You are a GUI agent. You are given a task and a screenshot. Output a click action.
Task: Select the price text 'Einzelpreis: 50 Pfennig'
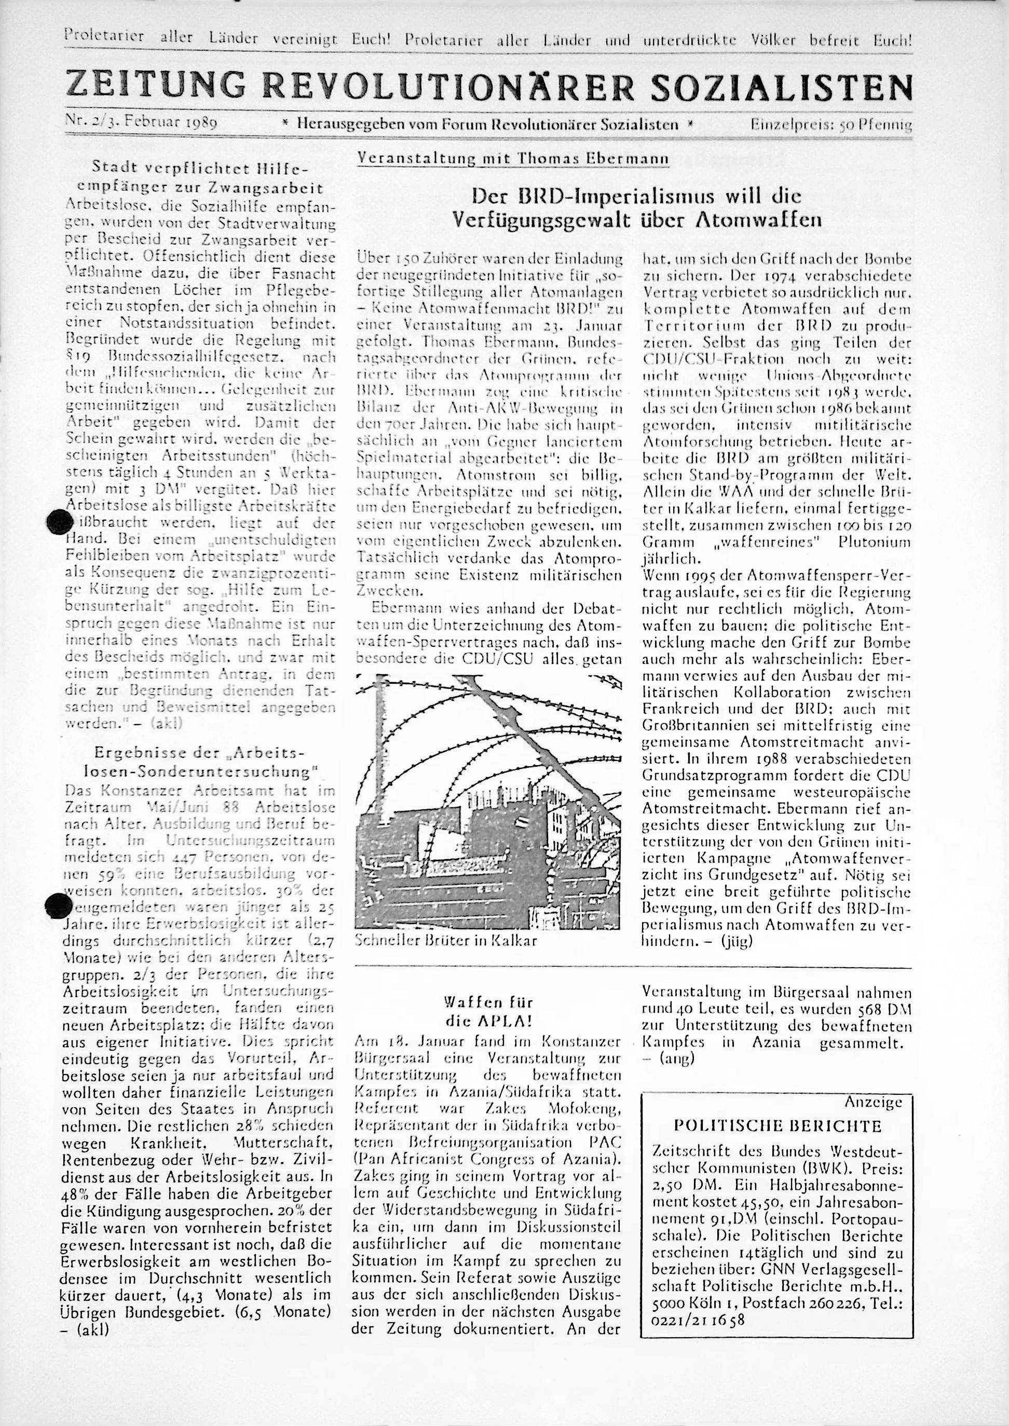[830, 125]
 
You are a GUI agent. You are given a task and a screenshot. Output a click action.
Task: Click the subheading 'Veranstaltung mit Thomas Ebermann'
[513, 159]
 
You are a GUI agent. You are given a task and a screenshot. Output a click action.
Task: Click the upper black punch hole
[60, 521]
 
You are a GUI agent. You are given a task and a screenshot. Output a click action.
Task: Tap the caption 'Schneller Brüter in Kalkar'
[445, 940]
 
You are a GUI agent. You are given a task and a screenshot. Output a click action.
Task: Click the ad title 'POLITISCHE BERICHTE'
[778, 1126]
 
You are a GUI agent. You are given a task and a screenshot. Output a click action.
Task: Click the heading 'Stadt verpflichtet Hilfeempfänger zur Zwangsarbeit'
[200, 177]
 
